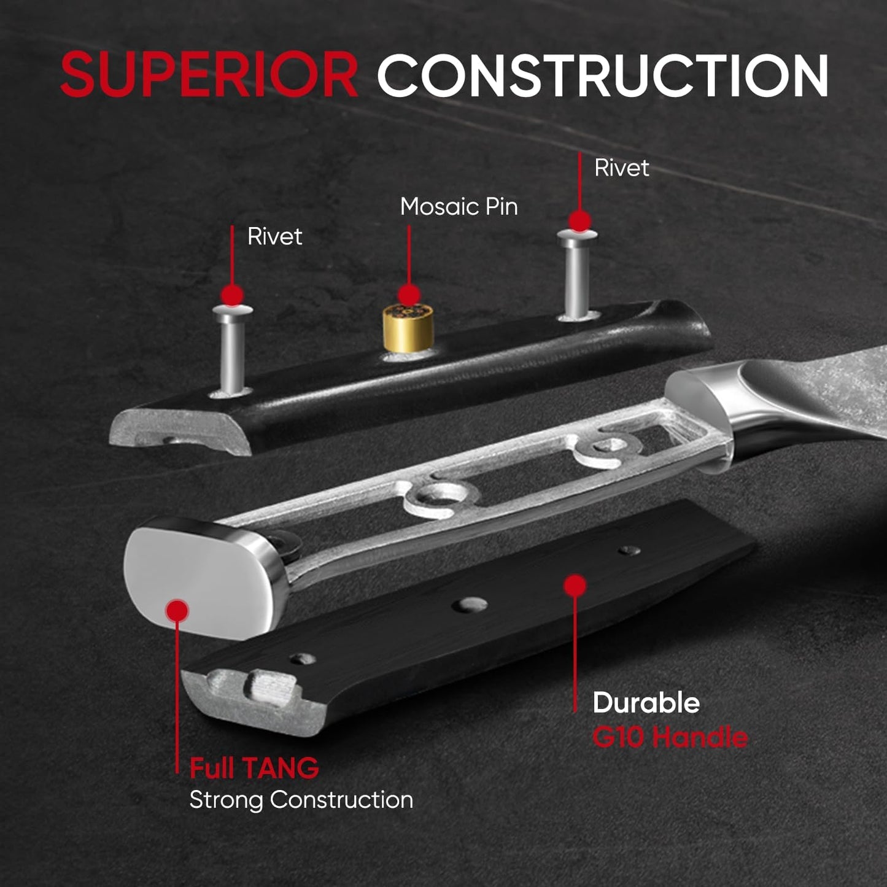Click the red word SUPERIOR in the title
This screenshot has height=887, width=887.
click(209, 74)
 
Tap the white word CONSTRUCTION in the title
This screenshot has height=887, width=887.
click(603, 75)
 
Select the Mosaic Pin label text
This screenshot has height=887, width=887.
click(459, 207)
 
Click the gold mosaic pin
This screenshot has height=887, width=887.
click(408, 328)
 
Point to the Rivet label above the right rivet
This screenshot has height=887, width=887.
click(621, 168)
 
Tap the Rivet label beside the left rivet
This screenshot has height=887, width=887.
click(275, 236)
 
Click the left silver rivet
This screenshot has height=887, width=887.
click(232, 351)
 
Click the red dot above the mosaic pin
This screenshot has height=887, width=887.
click(409, 295)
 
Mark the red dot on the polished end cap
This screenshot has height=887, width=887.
click(177, 611)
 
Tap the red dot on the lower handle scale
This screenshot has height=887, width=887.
click(575, 586)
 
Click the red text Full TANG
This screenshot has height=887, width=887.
click(254, 768)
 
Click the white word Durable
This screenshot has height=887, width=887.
click(646, 703)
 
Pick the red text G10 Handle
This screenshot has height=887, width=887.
click(670, 737)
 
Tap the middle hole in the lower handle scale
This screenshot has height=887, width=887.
click(470, 605)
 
